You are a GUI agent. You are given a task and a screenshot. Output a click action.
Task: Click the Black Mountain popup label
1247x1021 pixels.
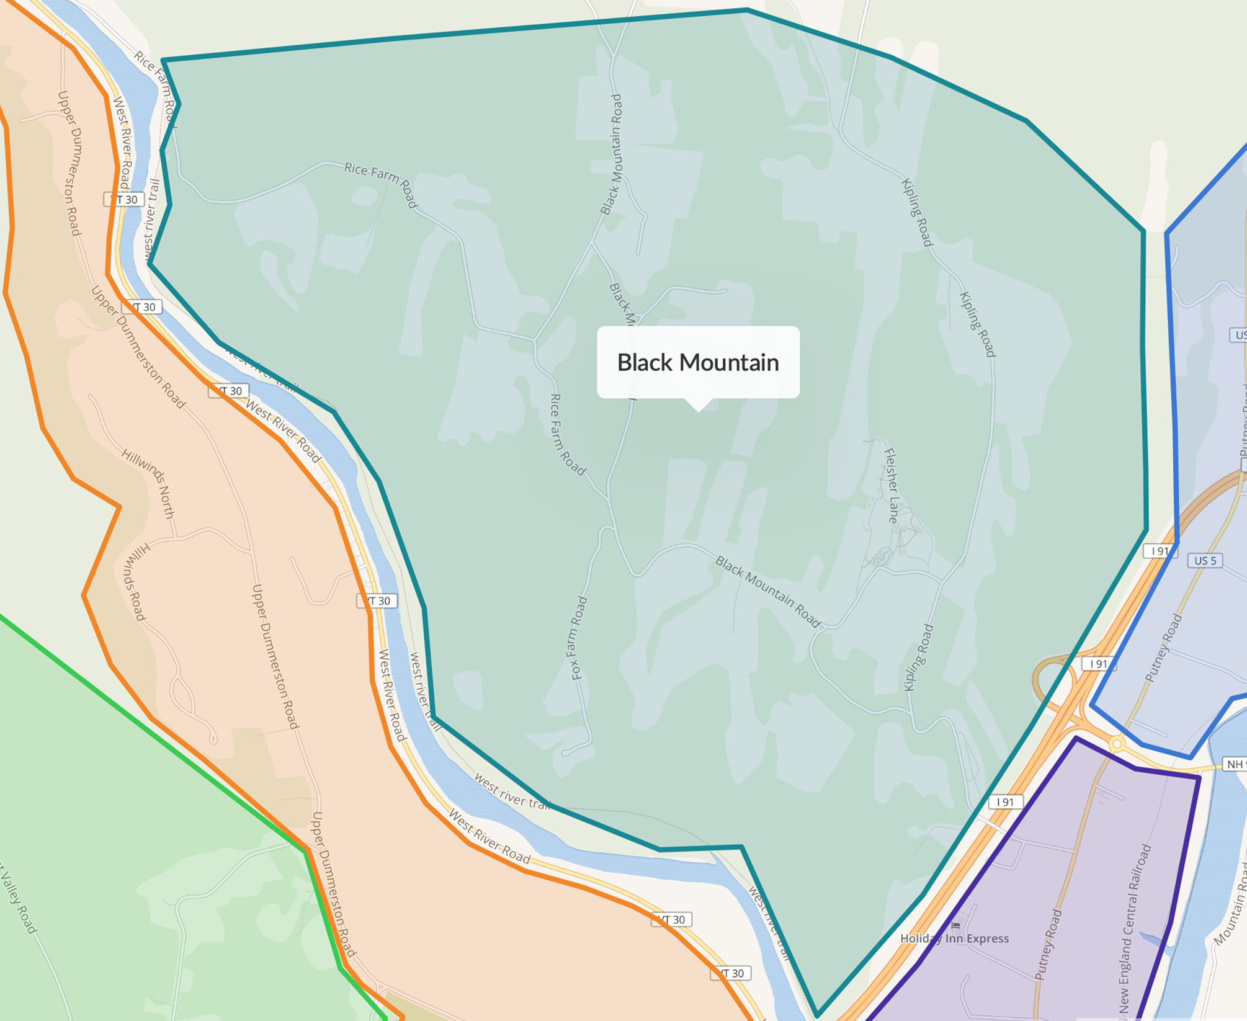(x=698, y=362)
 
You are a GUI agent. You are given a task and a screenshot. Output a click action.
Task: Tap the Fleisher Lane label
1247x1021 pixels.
(x=892, y=486)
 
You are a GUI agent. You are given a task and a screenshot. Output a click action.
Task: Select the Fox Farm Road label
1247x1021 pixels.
(x=577, y=638)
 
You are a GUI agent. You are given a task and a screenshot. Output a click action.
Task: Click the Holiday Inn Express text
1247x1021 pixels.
(x=954, y=938)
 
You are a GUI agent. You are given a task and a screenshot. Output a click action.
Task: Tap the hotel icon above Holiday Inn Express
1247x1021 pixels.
(x=955, y=925)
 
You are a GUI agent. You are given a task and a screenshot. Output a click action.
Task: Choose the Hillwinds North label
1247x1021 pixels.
(x=149, y=484)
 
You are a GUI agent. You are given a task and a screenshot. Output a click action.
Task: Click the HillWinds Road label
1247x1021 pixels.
(x=135, y=582)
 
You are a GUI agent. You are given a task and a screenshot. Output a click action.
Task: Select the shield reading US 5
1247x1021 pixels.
(x=1205, y=561)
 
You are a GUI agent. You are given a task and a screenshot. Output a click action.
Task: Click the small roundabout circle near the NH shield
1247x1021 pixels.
(x=1117, y=743)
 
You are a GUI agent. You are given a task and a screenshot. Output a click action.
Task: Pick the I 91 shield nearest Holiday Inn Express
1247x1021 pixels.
(x=1005, y=802)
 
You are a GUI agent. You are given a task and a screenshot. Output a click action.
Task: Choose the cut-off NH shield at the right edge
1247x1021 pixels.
(x=1235, y=764)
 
